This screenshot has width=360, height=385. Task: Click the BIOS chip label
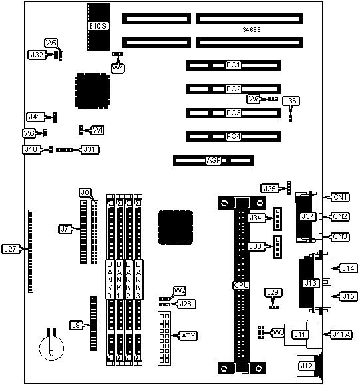click(x=98, y=26)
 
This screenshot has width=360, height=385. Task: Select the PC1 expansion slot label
click(x=233, y=65)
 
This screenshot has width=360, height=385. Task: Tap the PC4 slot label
click(x=233, y=136)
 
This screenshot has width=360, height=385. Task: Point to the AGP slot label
click(x=214, y=160)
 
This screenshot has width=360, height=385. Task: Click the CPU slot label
click(x=241, y=285)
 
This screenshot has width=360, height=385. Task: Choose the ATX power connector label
click(x=188, y=336)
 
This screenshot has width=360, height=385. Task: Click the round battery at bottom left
click(x=51, y=348)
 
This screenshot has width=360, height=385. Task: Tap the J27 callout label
click(x=10, y=249)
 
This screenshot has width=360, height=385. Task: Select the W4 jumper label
click(x=118, y=68)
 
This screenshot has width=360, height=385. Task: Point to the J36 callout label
click(x=291, y=101)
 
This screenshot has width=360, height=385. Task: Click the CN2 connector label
click(x=340, y=216)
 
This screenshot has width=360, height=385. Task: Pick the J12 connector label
click(x=307, y=366)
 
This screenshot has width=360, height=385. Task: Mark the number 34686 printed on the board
click(x=252, y=30)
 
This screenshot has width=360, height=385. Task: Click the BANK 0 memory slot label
click(x=110, y=280)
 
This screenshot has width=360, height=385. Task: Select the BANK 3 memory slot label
click(x=138, y=280)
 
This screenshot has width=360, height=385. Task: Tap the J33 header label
click(x=256, y=246)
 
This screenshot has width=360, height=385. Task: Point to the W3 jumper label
click(x=279, y=333)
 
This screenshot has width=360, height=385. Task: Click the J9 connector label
click(x=76, y=325)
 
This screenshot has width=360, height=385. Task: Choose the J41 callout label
click(x=35, y=117)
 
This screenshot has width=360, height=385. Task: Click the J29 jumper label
click(x=273, y=292)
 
